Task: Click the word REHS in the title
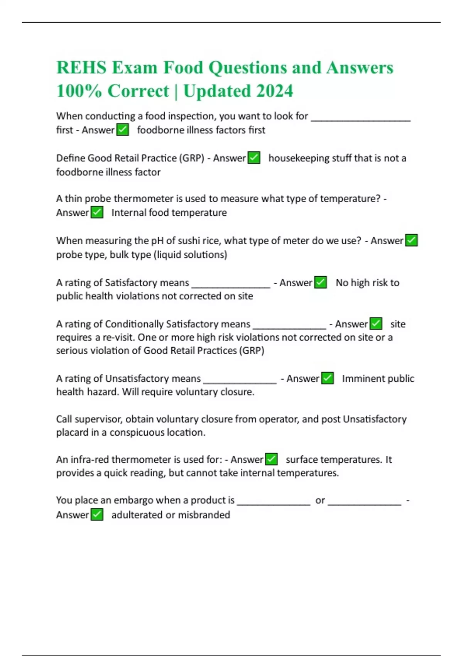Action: point(81,68)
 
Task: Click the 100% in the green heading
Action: point(79,91)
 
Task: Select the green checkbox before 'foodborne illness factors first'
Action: point(123,130)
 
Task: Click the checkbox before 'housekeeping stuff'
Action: point(254,158)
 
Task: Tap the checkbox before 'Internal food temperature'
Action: point(97,212)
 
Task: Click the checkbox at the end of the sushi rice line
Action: point(411,240)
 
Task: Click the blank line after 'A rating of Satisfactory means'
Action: point(231,286)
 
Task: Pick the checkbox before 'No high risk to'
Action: point(320,282)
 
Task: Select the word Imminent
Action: point(362,379)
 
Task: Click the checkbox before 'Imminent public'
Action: point(327,378)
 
